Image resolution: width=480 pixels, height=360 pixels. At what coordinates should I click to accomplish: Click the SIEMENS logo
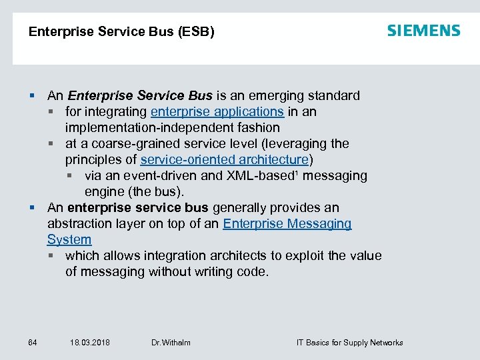point(423,31)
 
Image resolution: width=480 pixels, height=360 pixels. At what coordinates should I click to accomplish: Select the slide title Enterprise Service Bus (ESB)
point(121,31)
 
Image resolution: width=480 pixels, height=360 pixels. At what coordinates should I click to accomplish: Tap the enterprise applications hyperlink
point(217,111)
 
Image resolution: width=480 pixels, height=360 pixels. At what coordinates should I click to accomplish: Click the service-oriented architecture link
point(225,159)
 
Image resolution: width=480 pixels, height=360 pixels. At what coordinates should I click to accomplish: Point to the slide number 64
point(33,343)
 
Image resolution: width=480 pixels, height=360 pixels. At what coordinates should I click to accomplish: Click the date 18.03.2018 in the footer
point(90,343)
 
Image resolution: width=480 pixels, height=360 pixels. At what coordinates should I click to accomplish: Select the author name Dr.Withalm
point(171,343)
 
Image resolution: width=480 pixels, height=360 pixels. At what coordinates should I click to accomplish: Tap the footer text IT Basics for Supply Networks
point(349,343)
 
